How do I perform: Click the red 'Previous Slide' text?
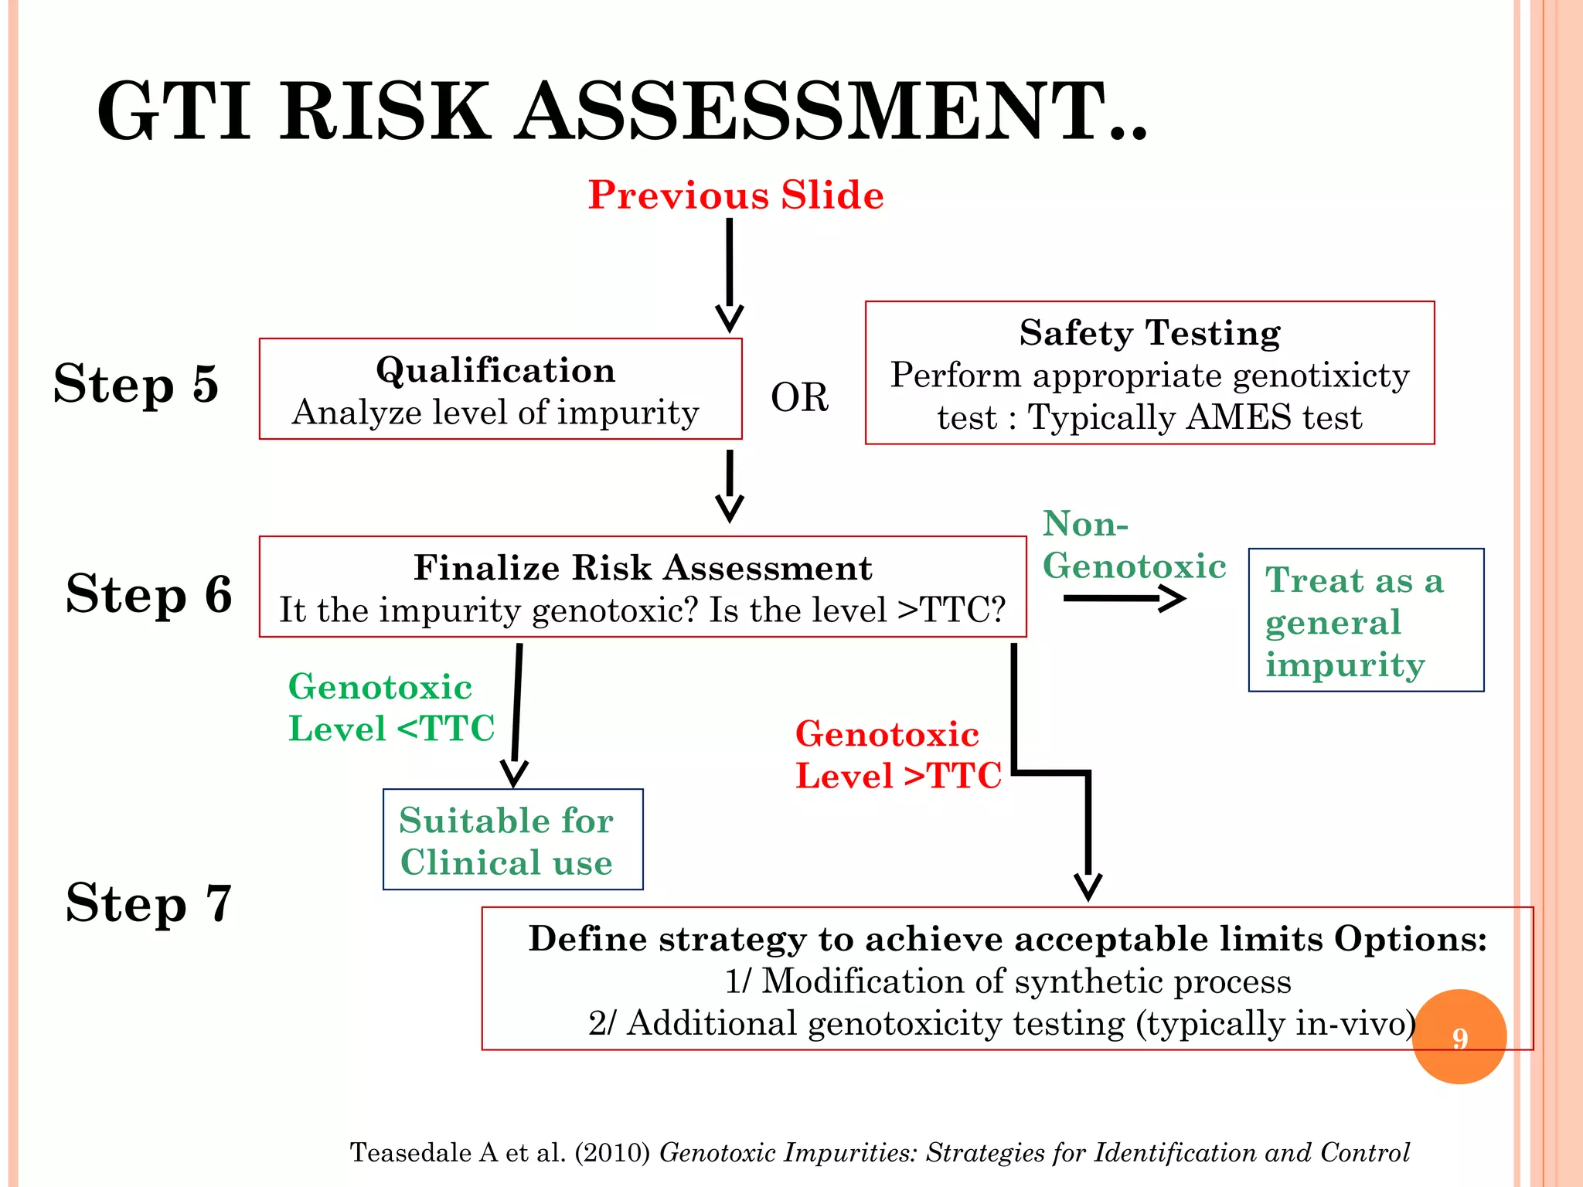[x=735, y=195]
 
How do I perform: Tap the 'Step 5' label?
[x=136, y=384]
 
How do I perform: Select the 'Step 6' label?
[x=148, y=593]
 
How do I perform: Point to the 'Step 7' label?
[x=148, y=903]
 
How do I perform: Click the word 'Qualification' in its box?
[x=495, y=370]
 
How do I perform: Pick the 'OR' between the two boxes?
[x=799, y=397]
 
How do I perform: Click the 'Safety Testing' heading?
[x=1149, y=333]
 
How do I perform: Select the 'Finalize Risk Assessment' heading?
[x=642, y=568]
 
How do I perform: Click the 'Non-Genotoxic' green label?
[x=1133, y=545]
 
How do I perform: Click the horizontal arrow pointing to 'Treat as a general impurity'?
[x=1123, y=598]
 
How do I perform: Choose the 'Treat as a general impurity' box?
[x=1365, y=621]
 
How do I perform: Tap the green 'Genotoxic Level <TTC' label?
[x=390, y=708]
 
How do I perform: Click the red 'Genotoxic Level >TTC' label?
[x=898, y=755]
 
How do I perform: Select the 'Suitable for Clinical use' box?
[x=512, y=840]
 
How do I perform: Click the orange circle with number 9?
[x=1459, y=1036]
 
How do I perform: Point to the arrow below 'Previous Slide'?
[x=729, y=274]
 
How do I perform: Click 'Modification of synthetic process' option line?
[x=1007, y=981]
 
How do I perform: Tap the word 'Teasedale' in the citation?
[x=410, y=1152]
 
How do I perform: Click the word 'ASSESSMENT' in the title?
[x=831, y=112]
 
